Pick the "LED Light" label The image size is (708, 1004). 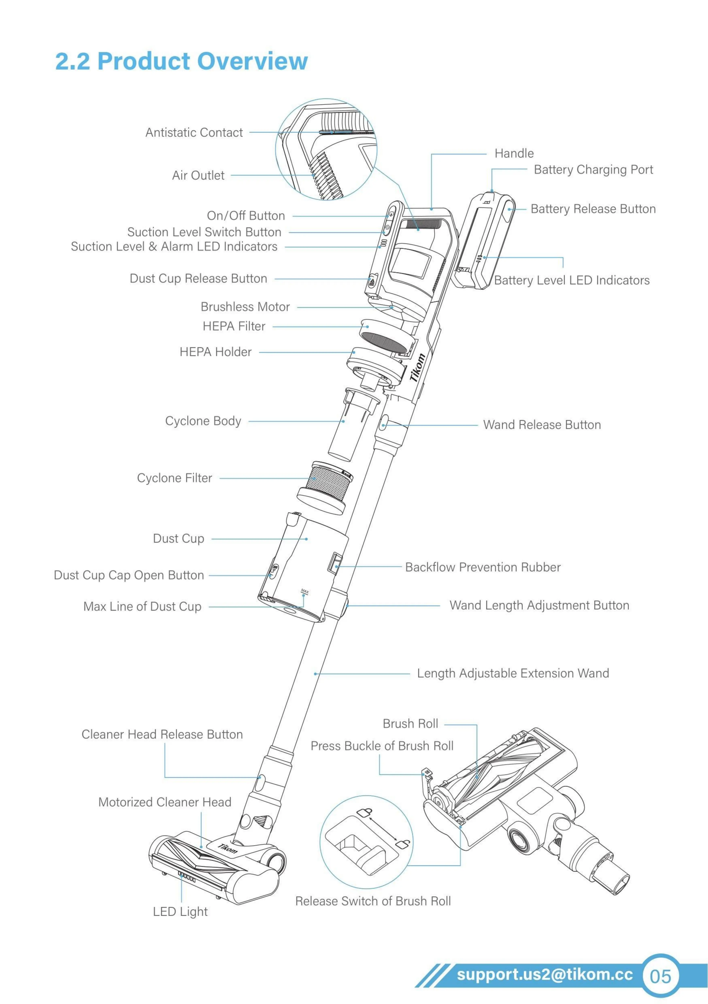pyautogui.click(x=180, y=912)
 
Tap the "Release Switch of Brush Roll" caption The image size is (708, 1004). pyautogui.click(x=373, y=901)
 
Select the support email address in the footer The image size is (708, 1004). pyautogui.click(x=544, y=974)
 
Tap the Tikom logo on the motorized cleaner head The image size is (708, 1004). pyautogui.click(x=228, y=848)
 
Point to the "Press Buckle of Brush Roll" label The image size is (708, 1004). pyautogui.click(x=382, y=746)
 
